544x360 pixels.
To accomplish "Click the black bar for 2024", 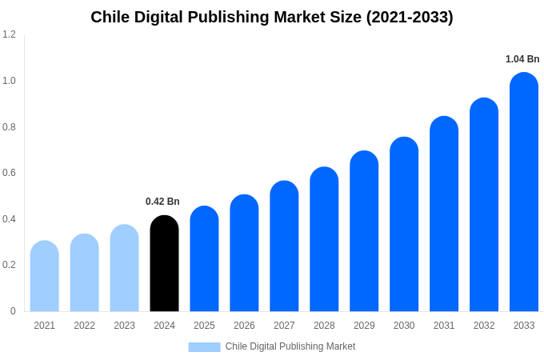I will (x=164, y=264).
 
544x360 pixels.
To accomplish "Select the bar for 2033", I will (x=524, y=192).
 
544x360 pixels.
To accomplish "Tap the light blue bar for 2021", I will (x=45, y=276).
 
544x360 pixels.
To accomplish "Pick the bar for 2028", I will (x=324, y=240).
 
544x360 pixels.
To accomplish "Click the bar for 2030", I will (x=404, y=224).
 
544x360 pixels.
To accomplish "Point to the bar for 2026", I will (x=244, y=254).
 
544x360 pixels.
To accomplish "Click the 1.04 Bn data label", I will (x=522, y=59).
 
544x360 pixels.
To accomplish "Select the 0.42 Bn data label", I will (x=162, y=202).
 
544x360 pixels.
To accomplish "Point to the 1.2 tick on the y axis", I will (x=9, y=34).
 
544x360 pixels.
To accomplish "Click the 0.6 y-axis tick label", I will (x=9, y=173).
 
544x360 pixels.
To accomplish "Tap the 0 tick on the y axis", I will (x=13, y=311).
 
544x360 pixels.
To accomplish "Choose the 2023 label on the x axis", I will (x=124, y=326).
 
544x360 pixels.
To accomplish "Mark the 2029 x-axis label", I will (x=364, y=326).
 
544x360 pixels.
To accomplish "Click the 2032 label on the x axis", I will (x=484, y=326).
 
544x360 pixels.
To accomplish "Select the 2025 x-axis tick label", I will (x=204, y=326).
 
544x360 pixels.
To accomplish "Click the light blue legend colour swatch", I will (x=204, y=347).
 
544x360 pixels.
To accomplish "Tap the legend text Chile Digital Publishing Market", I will (x=290, y=346).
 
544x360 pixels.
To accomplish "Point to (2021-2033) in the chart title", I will (x=410, y=17).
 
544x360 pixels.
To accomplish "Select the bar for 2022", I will (x=84, y=273).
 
